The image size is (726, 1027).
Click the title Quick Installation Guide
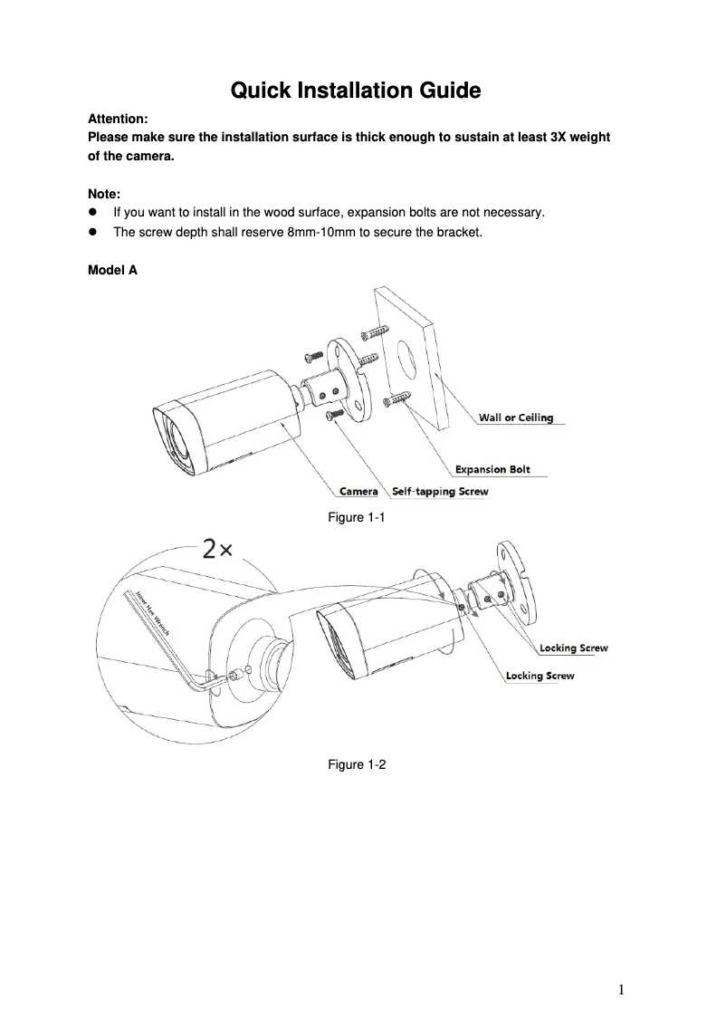(x=354, y=91)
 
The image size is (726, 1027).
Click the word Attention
(x=118, y=119)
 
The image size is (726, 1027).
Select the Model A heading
(x=112, y=269)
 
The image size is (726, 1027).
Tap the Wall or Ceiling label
(x=515, y=418)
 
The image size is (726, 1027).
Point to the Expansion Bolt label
(x=492, y=469)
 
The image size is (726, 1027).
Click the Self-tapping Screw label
(x=440, y=492)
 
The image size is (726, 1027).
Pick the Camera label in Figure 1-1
(x=358, y=492)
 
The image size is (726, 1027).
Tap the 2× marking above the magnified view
(x=218, y=550)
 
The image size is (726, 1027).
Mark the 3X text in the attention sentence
(x=563, y=137)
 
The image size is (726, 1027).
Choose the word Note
(x=103, y=194)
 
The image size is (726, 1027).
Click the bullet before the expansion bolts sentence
(x=92, y=213)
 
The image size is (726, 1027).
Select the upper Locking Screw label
(x=573, y=648)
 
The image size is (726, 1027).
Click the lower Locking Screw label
(x=540, y=676)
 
